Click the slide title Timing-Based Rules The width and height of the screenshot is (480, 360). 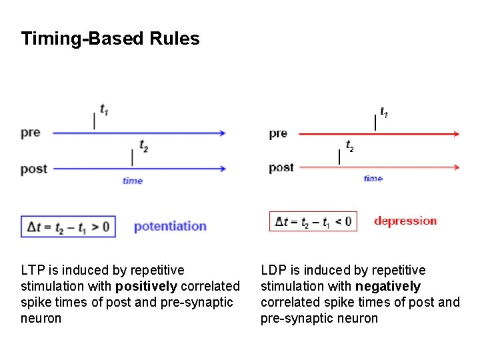click(x=110, y=39)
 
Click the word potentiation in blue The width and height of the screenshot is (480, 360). click(x=170, y=227)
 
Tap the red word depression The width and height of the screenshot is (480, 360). click(x=405, y=221)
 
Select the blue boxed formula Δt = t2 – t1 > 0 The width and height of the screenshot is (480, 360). click(x=69, y=227)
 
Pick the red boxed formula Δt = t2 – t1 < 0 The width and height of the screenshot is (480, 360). click(x=313, y=221)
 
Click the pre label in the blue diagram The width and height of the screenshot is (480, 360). click(x=31, y=132)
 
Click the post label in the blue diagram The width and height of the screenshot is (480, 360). click(x=33, y=169)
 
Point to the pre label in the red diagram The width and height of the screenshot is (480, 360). click(x=278, y=133)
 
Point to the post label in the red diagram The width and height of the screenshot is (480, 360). click(x=281, y=167)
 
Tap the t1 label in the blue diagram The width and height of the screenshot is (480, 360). click(x=105, y=109)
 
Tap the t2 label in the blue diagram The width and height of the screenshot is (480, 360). click(x=143, y=145)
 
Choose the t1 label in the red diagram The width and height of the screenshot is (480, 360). click(x=384, y=112)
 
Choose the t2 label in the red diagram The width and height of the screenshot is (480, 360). click(x=349, y=145)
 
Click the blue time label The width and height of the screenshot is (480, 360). click(x=133, y=181)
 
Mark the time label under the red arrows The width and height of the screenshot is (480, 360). click(x=373, y=178)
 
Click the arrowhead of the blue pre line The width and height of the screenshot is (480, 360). click(x=222, y=133)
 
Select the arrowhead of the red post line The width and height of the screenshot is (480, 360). click(x=456, y=167)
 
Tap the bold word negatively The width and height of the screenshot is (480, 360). click(x=388, y=286)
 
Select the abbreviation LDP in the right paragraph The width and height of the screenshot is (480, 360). click(x=273, y=270)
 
